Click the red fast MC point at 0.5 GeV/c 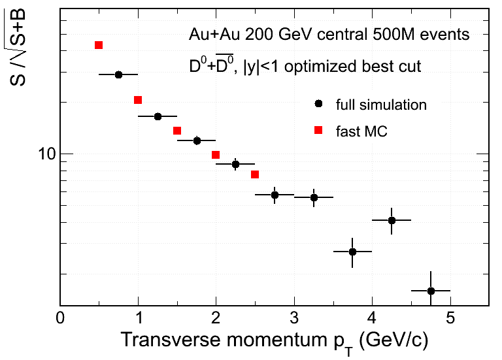[x=99, y=45]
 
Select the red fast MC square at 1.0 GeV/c [x=138, y=100]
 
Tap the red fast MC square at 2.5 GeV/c [x=255, y=174]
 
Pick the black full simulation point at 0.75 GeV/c [x=118, y=74]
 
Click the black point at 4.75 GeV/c [x=431, y=291]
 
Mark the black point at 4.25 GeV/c [x=392, y=220]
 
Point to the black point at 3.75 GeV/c [x=352, y=252]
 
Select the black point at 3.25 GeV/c [x=314, y=197]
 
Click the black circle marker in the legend [x=318, y=104]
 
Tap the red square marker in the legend [x=318, y=130]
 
